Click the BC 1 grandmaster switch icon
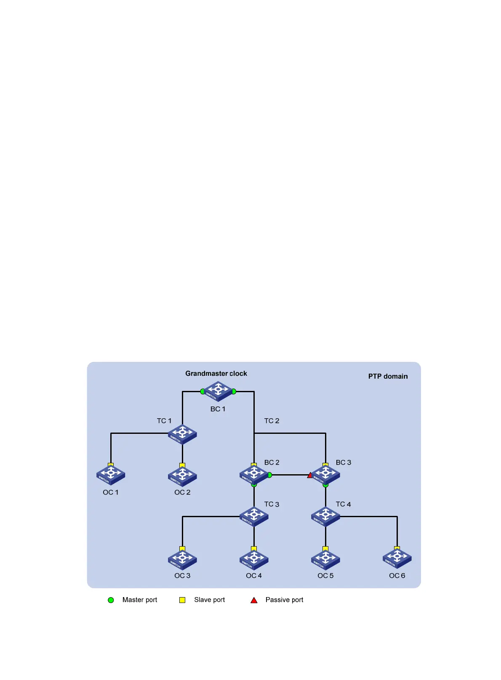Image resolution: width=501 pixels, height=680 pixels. pos(218,391)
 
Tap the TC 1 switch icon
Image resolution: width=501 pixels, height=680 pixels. pos(182,434)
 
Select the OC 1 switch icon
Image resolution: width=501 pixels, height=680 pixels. pos(111,475)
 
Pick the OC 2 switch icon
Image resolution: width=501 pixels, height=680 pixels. pos(182,475)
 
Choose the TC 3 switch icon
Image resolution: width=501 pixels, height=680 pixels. pos(254,517)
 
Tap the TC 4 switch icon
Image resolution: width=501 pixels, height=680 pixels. pos(325,517)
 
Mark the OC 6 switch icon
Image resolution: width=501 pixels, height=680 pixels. pos(397,558)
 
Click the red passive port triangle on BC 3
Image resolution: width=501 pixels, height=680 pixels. pos(310,475)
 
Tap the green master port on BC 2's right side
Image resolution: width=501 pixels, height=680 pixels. pos(269,475)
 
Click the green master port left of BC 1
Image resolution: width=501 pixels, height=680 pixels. pos(203,391)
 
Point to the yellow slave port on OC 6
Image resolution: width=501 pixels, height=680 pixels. pos(397,548)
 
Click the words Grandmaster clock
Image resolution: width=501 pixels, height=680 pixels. pos(216,374)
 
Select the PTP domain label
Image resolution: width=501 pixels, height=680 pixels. pos(388,377)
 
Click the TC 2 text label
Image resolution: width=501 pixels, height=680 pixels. pos(272,421)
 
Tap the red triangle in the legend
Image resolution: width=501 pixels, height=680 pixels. pos(254,600)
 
